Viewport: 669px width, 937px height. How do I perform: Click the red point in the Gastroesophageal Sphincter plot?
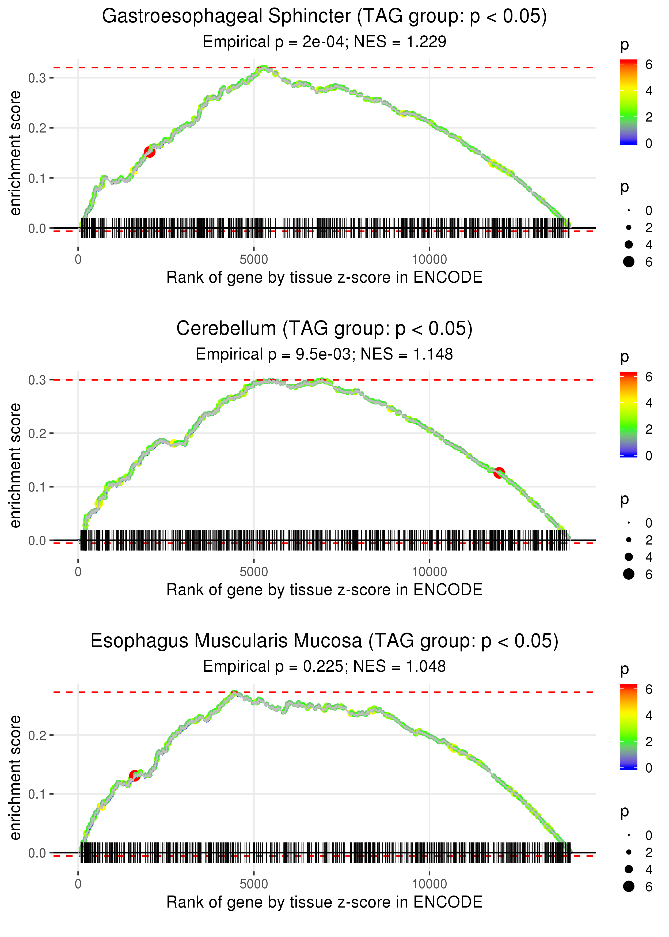[150, 152]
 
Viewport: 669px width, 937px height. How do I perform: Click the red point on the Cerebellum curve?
[499, 473]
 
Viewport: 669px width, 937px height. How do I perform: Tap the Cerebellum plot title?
[324, 329]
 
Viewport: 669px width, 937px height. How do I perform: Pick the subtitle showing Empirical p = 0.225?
[324, 667]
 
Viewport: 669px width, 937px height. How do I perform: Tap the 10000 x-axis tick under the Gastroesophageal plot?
[429, 260]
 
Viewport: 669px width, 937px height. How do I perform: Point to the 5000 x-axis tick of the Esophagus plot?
[254, 884]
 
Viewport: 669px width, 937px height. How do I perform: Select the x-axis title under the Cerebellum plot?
[324, 590]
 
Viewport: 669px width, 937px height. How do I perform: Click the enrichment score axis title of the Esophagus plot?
[15, 777]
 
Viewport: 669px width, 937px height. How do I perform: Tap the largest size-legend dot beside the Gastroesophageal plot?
[629, 262]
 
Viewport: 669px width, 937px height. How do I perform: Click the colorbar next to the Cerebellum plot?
[628, 414]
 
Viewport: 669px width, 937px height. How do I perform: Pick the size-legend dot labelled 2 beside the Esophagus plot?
[629, 852]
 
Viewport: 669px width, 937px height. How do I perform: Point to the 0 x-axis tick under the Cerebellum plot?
[78, 572]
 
